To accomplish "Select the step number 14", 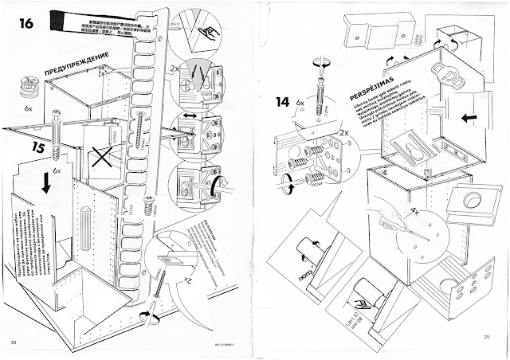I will tap(283, 102).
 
